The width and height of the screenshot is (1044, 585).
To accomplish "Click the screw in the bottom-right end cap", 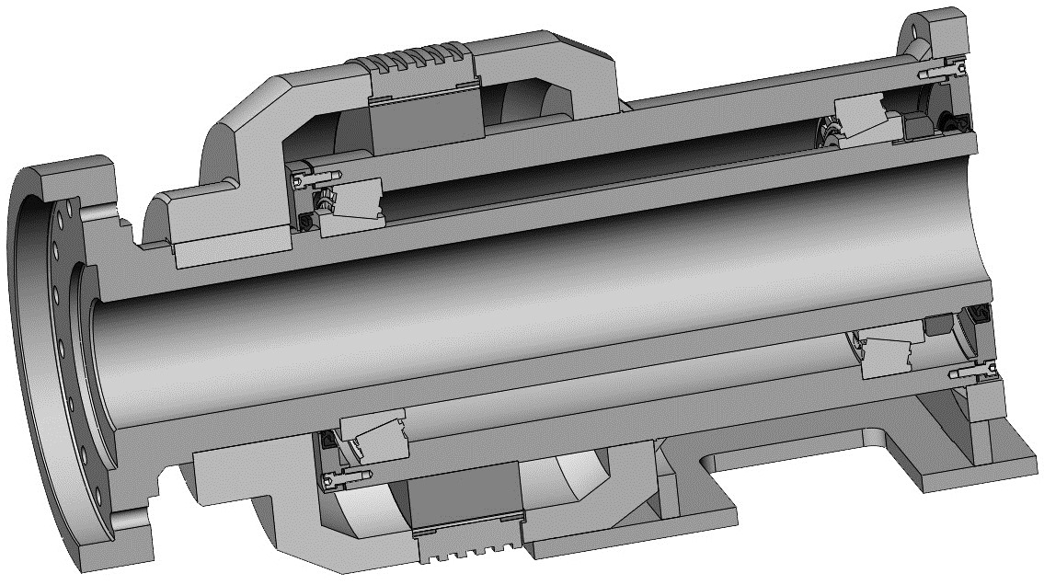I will coord(973,373).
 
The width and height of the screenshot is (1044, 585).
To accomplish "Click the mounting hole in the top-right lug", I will coord(920,27).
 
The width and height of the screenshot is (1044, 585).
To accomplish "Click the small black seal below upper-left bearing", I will coord(304,223).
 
